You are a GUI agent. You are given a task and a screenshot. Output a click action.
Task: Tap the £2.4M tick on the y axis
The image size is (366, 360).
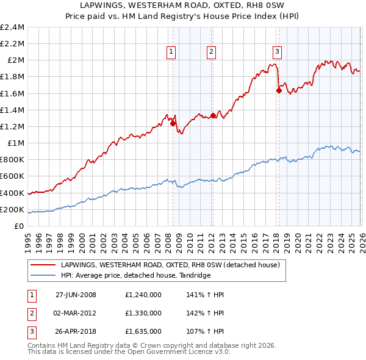click(x=12, y=27)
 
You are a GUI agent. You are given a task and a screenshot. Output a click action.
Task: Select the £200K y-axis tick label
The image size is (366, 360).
click(x=12, y=210)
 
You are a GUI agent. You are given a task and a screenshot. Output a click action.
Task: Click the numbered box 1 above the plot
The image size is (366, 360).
click(x=171, y=52)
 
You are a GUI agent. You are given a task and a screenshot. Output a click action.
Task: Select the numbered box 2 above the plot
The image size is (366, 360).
click(x=211, y=52)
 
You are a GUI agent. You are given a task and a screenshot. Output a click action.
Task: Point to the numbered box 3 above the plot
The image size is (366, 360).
click(x=277, y=52)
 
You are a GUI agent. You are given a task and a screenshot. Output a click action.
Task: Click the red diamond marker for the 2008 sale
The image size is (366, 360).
click(x=173, y=123)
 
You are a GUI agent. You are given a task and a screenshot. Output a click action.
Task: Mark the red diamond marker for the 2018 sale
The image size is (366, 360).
click(x=279, y=90)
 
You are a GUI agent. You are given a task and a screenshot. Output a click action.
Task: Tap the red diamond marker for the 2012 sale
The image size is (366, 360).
click(x=212, y=115)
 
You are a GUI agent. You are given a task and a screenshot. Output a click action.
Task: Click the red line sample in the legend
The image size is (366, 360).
click(x=44, y=265)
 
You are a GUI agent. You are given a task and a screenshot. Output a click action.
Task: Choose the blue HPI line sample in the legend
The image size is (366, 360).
click(x=44, y=275)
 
